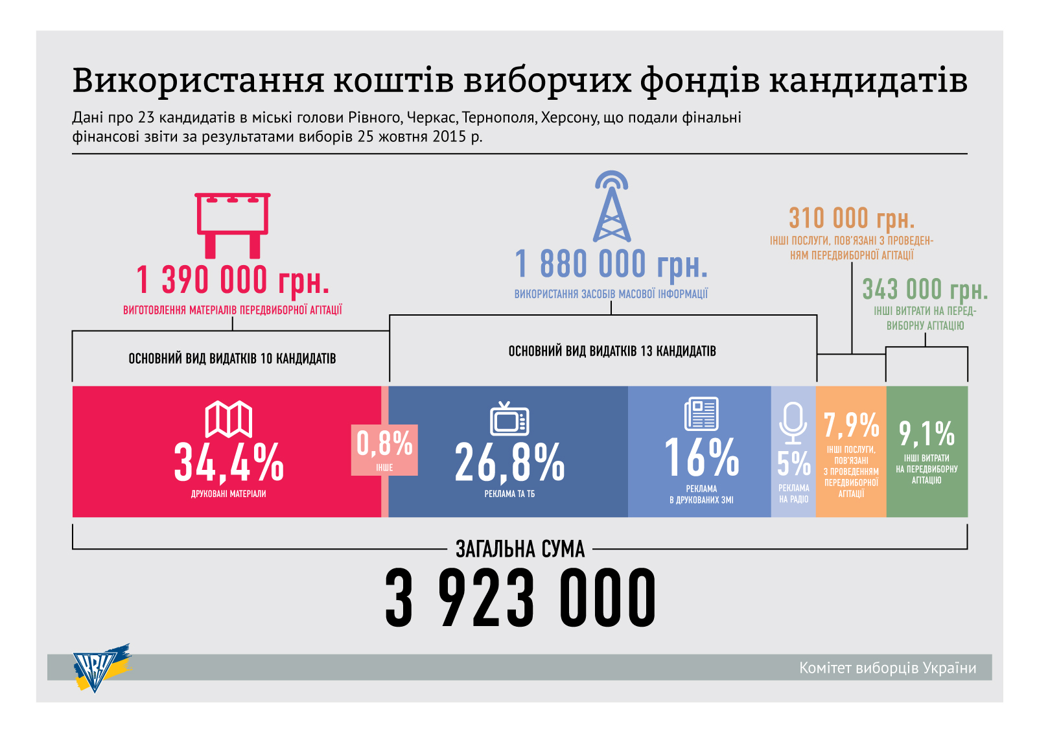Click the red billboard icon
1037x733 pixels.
tap(233, 224)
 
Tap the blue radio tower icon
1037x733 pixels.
tap(611, 207)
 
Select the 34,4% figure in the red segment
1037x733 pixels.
tap(229, 463)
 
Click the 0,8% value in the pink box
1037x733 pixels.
tap(384, 444)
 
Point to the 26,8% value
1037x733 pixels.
tap(509, 463)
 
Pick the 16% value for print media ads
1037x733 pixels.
tap(701, 458)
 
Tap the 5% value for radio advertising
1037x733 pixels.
tap(794, 463)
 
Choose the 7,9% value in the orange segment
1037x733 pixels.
tap(851, 426)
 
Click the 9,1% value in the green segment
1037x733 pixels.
tap(927, 434)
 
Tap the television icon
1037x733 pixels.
tap(509, 419)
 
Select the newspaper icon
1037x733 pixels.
tap(701, 413)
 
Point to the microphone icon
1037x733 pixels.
tap(793, 422)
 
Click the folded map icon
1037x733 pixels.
tap(229, 419)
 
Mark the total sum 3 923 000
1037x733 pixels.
tap(520, 598)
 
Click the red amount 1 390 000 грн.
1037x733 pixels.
tap(233, 280)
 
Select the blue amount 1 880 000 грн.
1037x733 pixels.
tap(611, 264)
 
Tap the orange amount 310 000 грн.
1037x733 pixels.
tap(852, 218)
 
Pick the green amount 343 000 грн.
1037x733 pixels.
tap(925, 289)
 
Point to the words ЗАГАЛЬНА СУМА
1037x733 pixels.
tap(520, 550)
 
